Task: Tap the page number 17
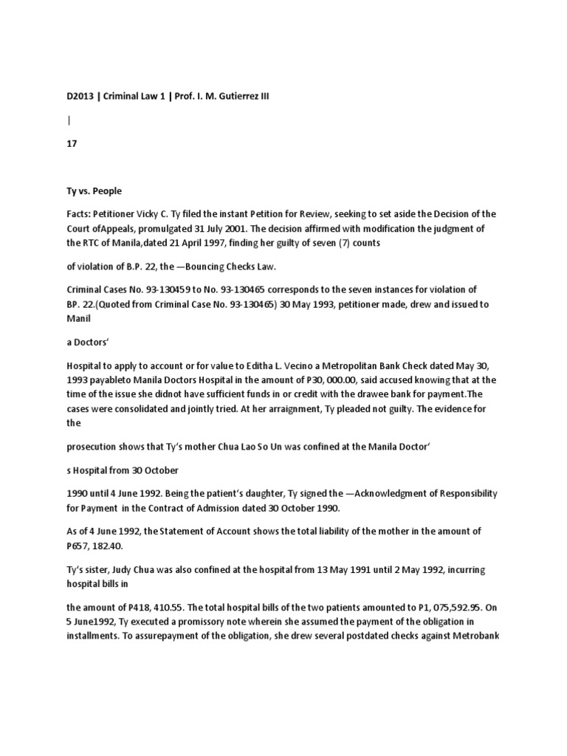point(72,145)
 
